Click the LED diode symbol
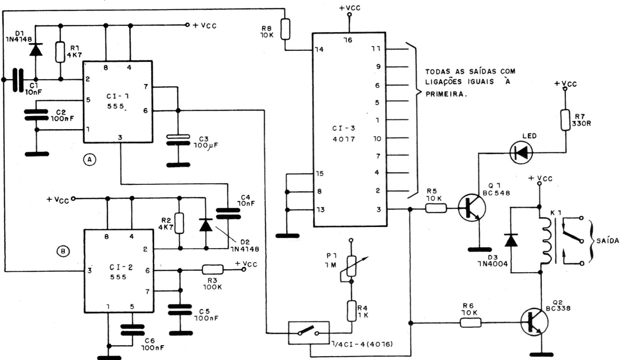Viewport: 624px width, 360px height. tap(521, 153)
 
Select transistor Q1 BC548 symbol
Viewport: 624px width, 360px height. tap(472, 208)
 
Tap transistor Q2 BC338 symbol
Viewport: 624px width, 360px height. tap(534, 322)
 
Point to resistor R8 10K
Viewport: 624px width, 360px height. tap(285, 29)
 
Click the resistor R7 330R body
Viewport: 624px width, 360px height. tap(565, 120)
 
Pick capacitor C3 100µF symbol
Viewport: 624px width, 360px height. tap(178, 140)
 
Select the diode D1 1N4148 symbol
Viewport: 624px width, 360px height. tap(36, 49)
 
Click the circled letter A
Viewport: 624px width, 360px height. tap(89, 159)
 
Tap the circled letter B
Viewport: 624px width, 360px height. tap(63, 252)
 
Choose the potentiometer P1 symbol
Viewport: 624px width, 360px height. tap(351, 266)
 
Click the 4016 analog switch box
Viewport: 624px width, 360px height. tap(309, 333)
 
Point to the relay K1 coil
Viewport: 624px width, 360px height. tap(545, 240)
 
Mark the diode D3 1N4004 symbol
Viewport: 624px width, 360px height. tap(511, 240)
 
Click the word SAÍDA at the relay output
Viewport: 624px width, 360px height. tap(608, 240)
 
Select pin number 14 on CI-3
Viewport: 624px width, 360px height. tap(319, 49)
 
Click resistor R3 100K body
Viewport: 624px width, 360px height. tap(212, 269)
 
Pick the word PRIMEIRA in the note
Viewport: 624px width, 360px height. tap(446, 94)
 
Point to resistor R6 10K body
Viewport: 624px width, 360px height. tap(470, 323)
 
